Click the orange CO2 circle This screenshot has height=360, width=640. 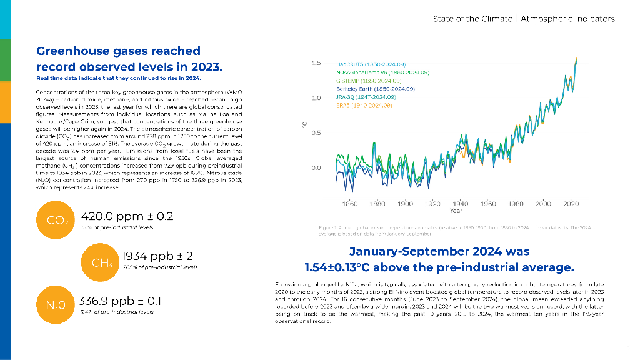coord(56,220)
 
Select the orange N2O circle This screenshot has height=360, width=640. coord(56,306)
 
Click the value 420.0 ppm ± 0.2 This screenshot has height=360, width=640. coord(127,216)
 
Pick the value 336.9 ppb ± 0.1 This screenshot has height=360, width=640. coord(119,301)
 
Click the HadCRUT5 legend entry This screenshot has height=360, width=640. coord(371,64)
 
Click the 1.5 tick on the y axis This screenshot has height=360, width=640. coord(316,63)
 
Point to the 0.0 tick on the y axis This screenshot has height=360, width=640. coord(316,168)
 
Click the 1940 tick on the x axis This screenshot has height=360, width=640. coord(461,204)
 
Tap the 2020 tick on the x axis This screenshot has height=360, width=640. coord(571,204)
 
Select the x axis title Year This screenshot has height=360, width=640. coord(456,211)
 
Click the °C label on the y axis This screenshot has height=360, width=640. coord(304,124)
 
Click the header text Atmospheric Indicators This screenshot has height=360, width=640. coord(568,19)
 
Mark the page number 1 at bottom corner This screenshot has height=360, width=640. coord(628,349)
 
